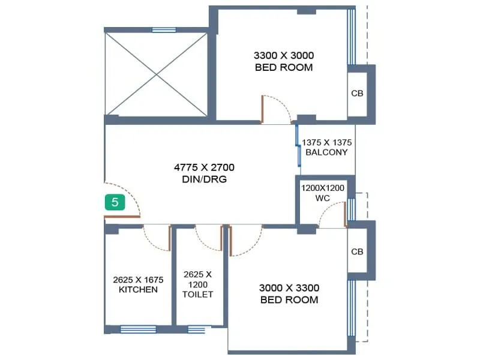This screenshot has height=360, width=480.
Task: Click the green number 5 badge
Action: click(115, 202)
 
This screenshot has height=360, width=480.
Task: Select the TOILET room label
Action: click(197, 294)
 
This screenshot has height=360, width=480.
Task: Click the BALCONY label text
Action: click(326, 152)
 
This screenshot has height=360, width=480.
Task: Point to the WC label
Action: click(323, 197)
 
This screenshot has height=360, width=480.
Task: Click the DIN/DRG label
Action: click(205, 179)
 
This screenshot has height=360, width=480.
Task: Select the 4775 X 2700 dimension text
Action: click(205, 167)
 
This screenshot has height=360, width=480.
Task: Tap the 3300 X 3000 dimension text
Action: click(284, 55)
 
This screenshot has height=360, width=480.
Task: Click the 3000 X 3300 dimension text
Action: click(289, 287)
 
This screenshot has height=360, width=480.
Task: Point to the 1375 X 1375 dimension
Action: click(326, 143)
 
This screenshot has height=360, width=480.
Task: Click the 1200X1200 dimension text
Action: click(323, 188)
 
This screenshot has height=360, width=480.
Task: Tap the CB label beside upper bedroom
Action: click(357, 94)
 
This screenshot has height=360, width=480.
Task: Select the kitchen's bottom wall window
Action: click(138, 329)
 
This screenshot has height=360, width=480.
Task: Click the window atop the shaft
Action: click(164, 29)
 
